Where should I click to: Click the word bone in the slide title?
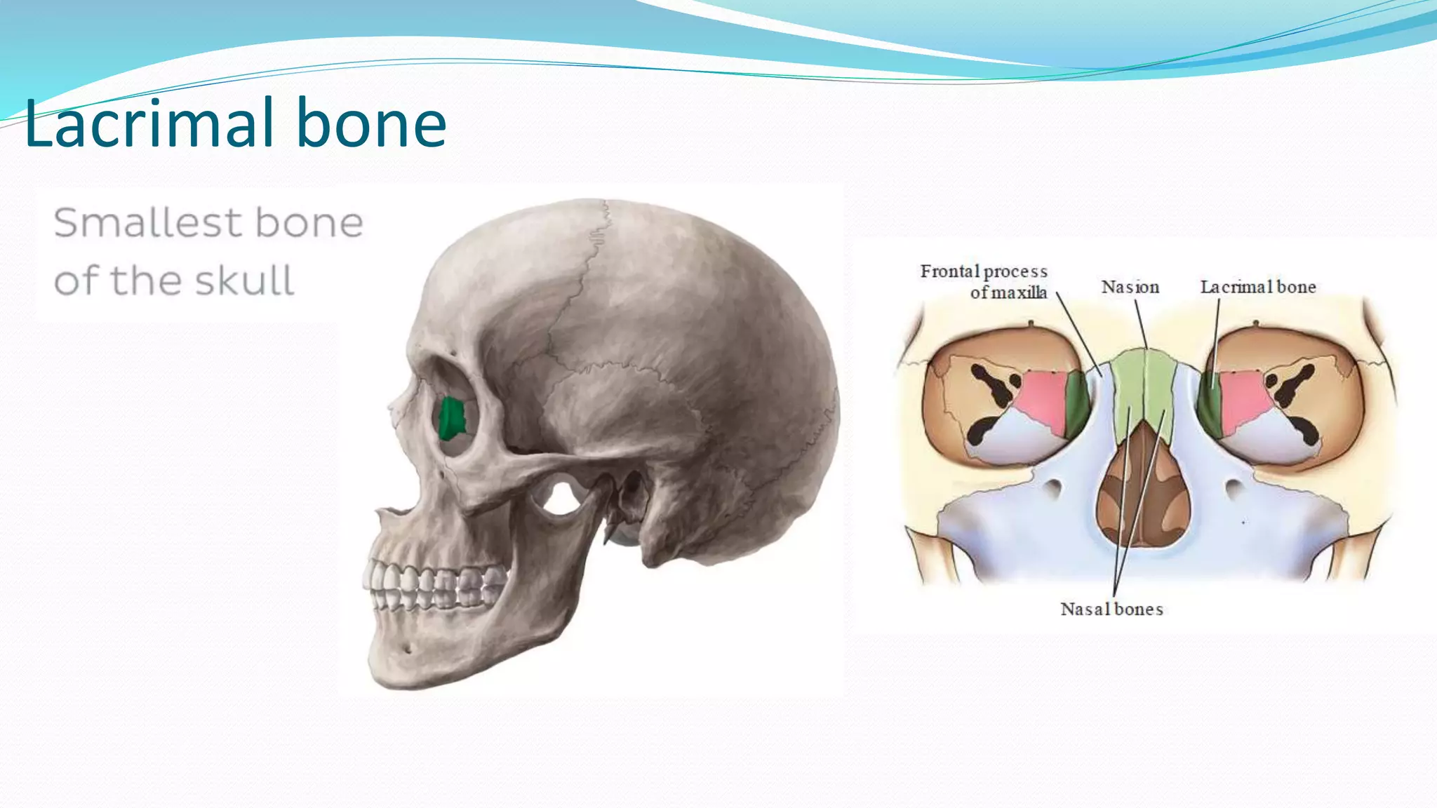click(371, 123)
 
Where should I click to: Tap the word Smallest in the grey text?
click(148, 223)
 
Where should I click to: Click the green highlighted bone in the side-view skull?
click(451, 418)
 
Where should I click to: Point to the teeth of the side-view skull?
click(435, 586)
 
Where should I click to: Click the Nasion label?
click(1130, 287)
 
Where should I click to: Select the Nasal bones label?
click(1111, 609)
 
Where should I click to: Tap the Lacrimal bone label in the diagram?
click(1257, 287)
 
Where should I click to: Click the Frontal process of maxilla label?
click(984, 281)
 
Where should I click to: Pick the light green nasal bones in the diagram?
click(1144, 386)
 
